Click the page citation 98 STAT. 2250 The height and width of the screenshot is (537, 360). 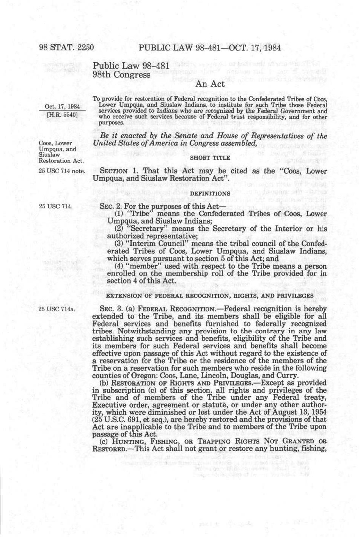click(x=66, y=48)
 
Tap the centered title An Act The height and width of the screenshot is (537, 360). click(x=210, y=84)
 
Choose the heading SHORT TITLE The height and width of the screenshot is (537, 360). click(x=210, y=158)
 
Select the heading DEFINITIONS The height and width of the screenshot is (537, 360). click(x=210, y=194)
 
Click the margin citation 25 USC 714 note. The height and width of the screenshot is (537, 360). click(x=62, y=171)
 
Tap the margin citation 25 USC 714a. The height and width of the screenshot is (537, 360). click(x=57, y=309)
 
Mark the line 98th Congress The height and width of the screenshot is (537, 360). click(x=122, y=74)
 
